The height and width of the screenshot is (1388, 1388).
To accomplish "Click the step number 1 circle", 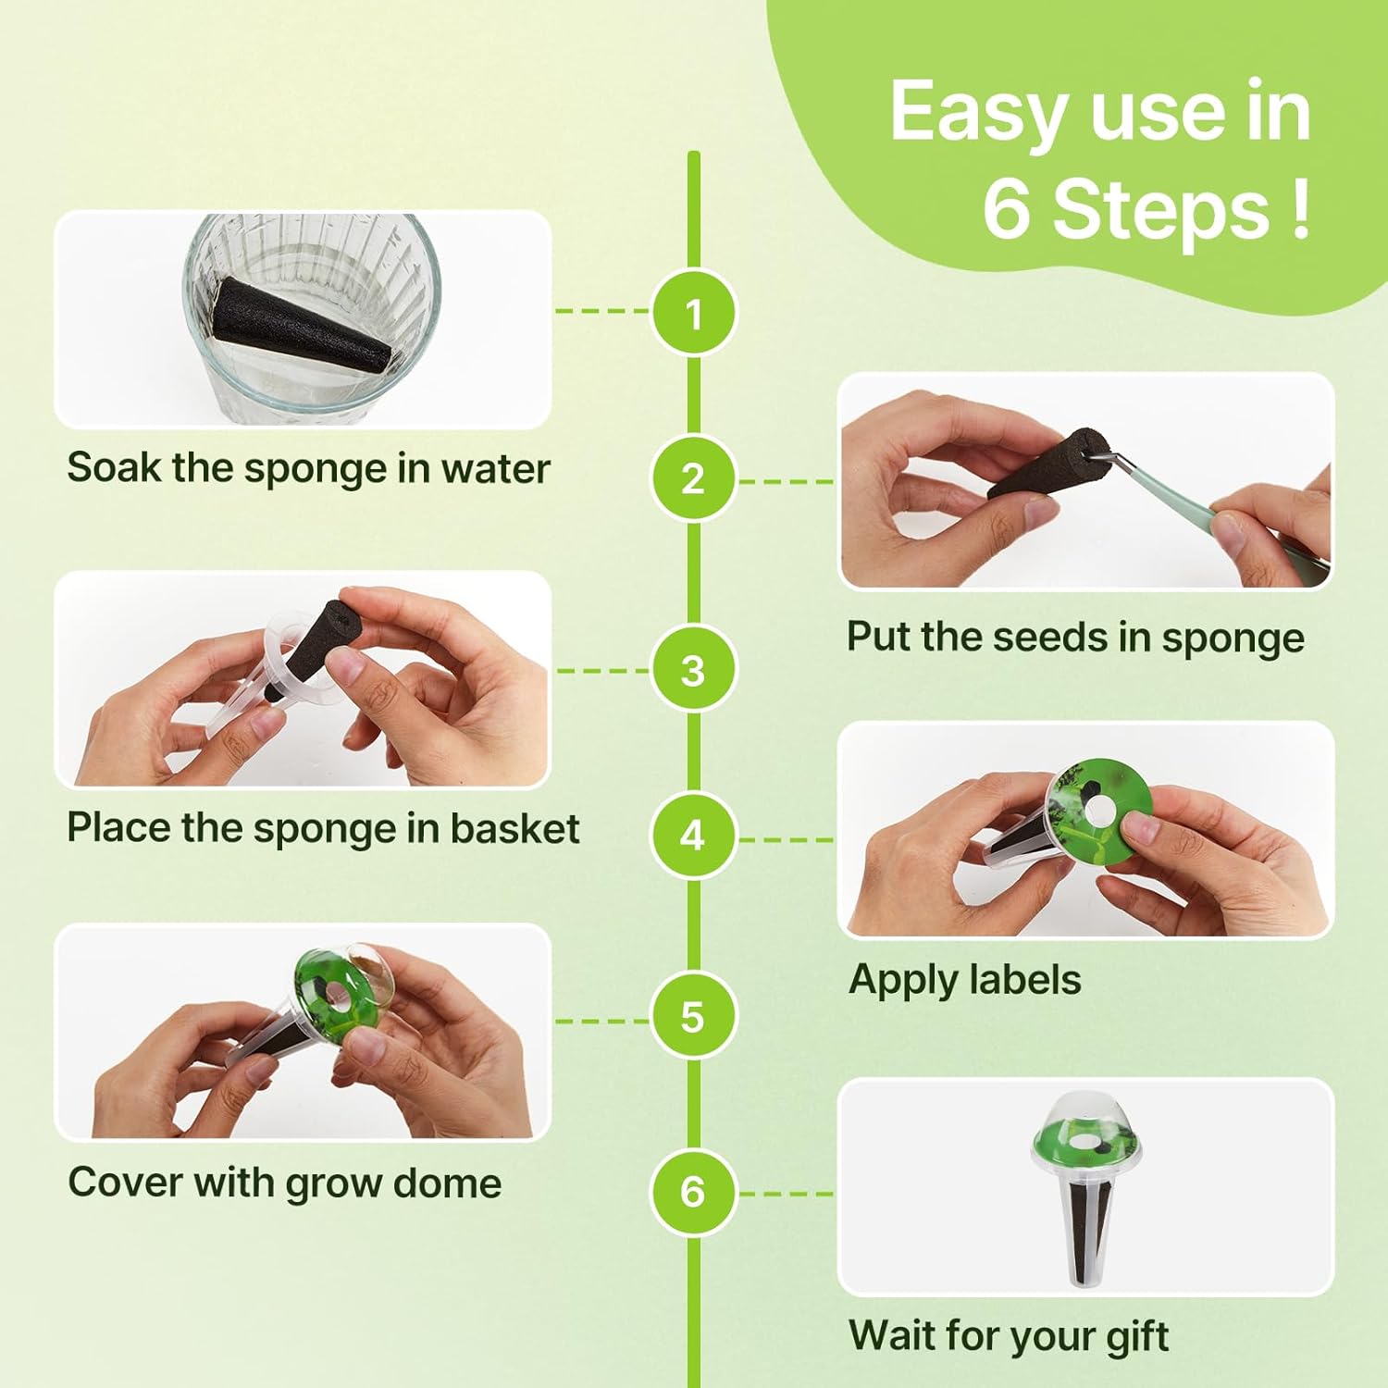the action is click(693, 313).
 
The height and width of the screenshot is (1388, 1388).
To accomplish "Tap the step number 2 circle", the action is click(693, 479).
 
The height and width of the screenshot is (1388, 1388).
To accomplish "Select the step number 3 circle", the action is click(693, 670).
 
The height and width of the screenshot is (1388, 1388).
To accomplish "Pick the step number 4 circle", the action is click(693, 837).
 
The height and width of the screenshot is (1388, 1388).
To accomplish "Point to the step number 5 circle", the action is click(693, 1017).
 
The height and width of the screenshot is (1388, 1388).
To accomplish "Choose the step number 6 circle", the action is click(693, 1192).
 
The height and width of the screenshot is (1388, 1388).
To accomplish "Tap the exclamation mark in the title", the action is click(1299, 208).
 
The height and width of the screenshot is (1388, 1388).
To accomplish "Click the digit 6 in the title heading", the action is click(1007, 208).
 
